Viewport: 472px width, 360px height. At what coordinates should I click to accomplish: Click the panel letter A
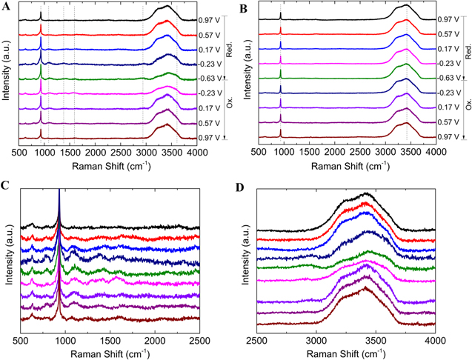point(7,7)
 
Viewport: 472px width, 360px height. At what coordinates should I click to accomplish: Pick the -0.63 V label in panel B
point(447,78)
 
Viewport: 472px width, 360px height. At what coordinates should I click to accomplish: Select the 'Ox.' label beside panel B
point(466,106)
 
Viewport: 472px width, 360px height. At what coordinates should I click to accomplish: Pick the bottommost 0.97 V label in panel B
point(447,138)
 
